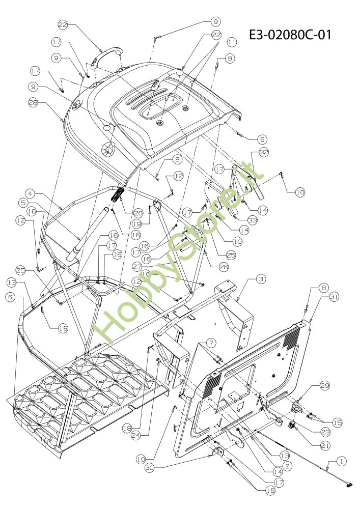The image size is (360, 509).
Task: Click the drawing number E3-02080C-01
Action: pos(290,35)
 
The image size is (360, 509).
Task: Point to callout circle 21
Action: pos(324,444)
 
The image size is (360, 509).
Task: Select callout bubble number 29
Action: pos(324,387)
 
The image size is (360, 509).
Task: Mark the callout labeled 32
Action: pos(263,152)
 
